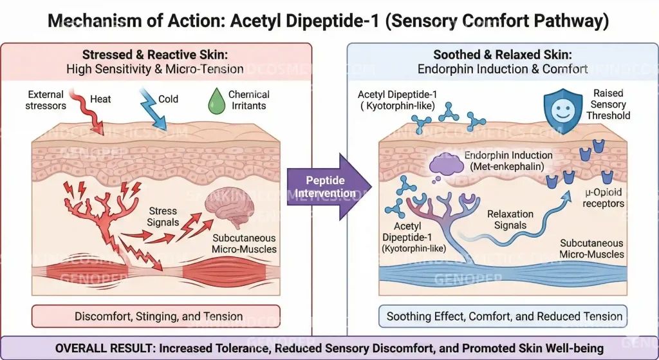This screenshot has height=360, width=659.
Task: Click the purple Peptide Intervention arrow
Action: point(326,187)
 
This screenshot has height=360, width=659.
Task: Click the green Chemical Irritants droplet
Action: point(217,101)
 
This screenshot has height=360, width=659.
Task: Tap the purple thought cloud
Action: point(446,166)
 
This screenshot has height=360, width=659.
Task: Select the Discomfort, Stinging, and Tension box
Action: point(156,316)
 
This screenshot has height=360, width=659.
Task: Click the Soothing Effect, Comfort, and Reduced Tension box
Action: point(503,316)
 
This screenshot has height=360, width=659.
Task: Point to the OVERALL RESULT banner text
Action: point(329,348)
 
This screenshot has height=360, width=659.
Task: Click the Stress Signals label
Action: point(163,216)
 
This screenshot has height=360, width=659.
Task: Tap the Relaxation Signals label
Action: point(510,220)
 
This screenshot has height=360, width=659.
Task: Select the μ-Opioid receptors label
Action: point(604,198)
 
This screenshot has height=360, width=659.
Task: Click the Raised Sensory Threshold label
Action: point(608,104)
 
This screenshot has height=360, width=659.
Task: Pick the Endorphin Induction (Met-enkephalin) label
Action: point(508,161)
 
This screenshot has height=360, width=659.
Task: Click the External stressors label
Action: point(46,100)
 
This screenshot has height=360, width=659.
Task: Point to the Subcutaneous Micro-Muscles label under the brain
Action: point(244,243)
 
